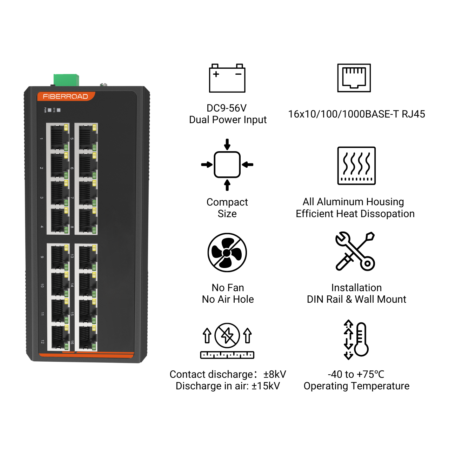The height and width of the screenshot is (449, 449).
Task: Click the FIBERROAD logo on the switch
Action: tap(65, 96)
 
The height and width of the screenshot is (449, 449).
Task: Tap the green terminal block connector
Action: tap(66, 80)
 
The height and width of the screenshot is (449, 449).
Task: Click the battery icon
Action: tap(227, 78)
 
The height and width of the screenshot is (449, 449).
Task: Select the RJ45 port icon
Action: tap(354, 78)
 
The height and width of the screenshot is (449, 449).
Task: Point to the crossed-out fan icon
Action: tap(227, 252)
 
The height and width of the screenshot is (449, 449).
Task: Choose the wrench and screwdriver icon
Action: tap(355, 251)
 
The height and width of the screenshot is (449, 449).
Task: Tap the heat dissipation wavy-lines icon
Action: tap(356, 166)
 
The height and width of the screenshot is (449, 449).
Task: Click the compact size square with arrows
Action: tap(227, 165)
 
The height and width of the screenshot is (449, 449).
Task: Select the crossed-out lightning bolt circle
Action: tap(227, 335)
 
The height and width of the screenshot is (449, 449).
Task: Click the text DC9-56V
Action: tap(227, 108)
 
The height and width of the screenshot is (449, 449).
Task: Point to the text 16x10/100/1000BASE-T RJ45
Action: tap(356, 114)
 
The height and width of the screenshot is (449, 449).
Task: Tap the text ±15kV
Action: tap(266, 386)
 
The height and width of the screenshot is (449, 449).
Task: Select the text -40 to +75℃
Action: tap(356, 374)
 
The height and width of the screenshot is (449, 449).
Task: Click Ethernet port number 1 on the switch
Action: tap(58, 138)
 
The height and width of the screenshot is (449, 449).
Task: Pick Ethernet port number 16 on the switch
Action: tap(86, 338)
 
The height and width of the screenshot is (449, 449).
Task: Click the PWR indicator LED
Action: tap(49, 110)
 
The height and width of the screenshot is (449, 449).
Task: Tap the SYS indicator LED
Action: tap(59, 110)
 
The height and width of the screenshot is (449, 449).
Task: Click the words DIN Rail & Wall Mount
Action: tap(356, 299)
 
